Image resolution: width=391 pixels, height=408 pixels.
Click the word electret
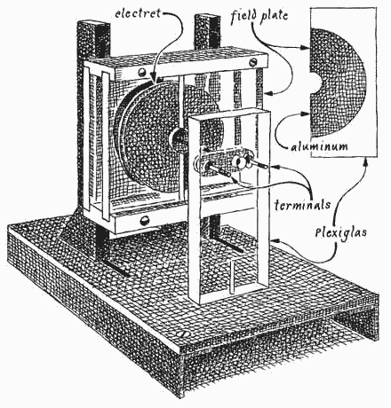pyautogui.click(x=138, y=13)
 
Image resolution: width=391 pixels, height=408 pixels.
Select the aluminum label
pyautogui.click(x=319, y=146)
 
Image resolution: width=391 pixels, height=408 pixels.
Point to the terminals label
pyautogui.click(x=302, y=205)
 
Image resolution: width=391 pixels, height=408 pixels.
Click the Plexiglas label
pyautogui.click(x=340, y=233)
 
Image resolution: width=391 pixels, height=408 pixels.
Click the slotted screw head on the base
pyautogui.click(x=181, y=333)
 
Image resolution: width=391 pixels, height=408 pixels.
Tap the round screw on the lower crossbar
pyautogui.click(x=144, y=220)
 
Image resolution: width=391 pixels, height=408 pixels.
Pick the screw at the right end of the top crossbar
pyautogui.click(x=252, y=62)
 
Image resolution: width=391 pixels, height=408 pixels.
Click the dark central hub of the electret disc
pyautogui.click(x=177, y=137)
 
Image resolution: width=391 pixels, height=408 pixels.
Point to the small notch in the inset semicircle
pyautogui.click(x=315, y=82)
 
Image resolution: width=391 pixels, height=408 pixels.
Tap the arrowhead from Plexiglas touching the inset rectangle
pyautogui.click(x=366, y=161)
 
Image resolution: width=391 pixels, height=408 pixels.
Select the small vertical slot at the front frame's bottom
pyautogui.click(x=232, y=277)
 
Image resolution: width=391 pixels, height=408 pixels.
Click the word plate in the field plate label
pyautogui.click(x=274, y=16)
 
